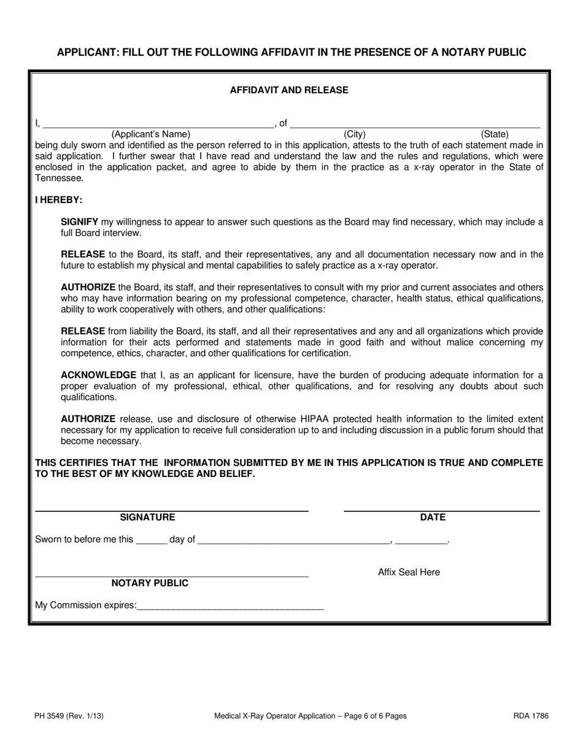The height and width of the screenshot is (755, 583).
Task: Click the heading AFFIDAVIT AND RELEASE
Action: coord(289,90)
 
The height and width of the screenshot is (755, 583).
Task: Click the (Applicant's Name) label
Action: coord(151,134)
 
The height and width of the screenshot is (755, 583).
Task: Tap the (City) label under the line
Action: coord(355,134)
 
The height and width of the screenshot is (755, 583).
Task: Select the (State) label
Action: coord(495,134)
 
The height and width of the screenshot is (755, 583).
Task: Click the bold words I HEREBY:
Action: coord(59,200)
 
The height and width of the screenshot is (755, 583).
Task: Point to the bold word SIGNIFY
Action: coord(80,222)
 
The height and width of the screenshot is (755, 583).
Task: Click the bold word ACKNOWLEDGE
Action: coord(98,375)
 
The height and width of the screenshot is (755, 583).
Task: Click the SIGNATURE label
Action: coord(147,517)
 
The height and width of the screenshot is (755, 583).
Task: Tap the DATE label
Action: coord(433,517)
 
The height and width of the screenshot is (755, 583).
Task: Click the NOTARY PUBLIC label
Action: coord(150,583)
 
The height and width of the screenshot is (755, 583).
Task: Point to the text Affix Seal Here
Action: coord(409,573)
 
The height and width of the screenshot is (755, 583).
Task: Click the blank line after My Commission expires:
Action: coord(230,606)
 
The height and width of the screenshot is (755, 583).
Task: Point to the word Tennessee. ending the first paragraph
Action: coord(60,178)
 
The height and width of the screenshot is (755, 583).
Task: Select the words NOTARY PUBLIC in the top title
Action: coord(484,52)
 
